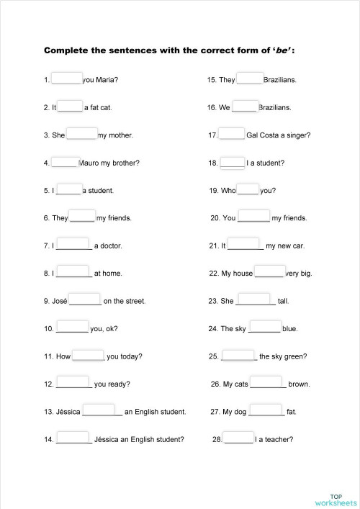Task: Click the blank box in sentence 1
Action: click(x=66, y=78)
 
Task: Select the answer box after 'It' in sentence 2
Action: click(x=70, y=106)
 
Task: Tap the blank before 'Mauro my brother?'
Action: click(x=64, y=162)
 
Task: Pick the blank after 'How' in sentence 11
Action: click(x=89, y=355)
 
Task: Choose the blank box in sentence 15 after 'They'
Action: click(x=249, y=78)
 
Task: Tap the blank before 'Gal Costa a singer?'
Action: click(x=232, y=134)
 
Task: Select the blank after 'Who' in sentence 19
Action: click(x=248, y=189)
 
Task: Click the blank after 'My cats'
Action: click(x=268, y=383)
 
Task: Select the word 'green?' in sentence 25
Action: click(x=297, y=356)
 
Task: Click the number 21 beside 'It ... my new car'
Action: click(x=213, y=246)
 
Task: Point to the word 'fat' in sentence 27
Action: click(x=291, y=412)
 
